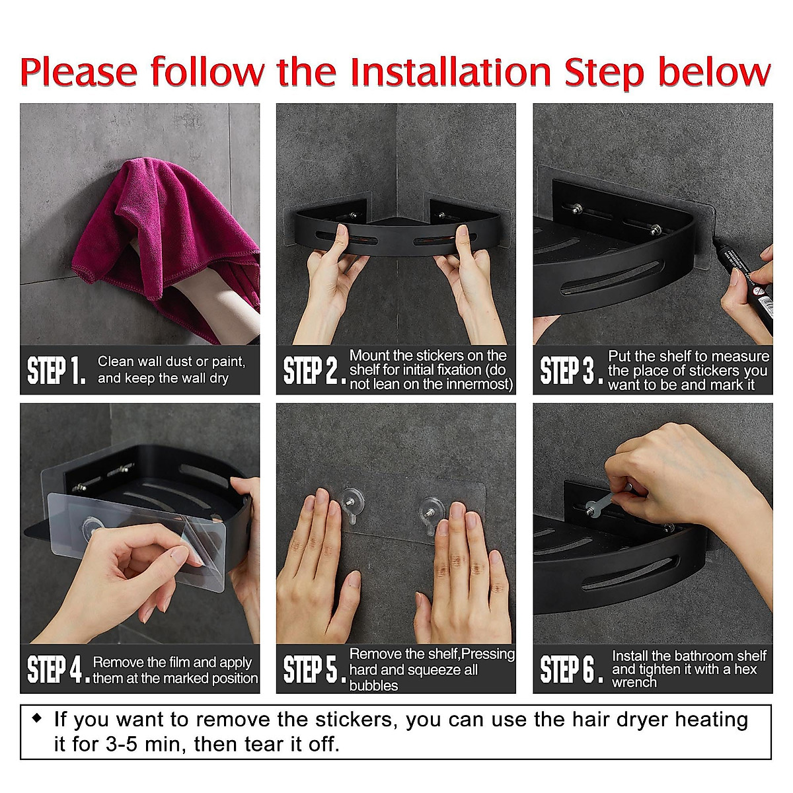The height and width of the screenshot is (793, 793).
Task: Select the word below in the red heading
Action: [715, 72]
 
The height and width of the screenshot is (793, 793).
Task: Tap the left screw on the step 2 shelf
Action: [354, 215]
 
